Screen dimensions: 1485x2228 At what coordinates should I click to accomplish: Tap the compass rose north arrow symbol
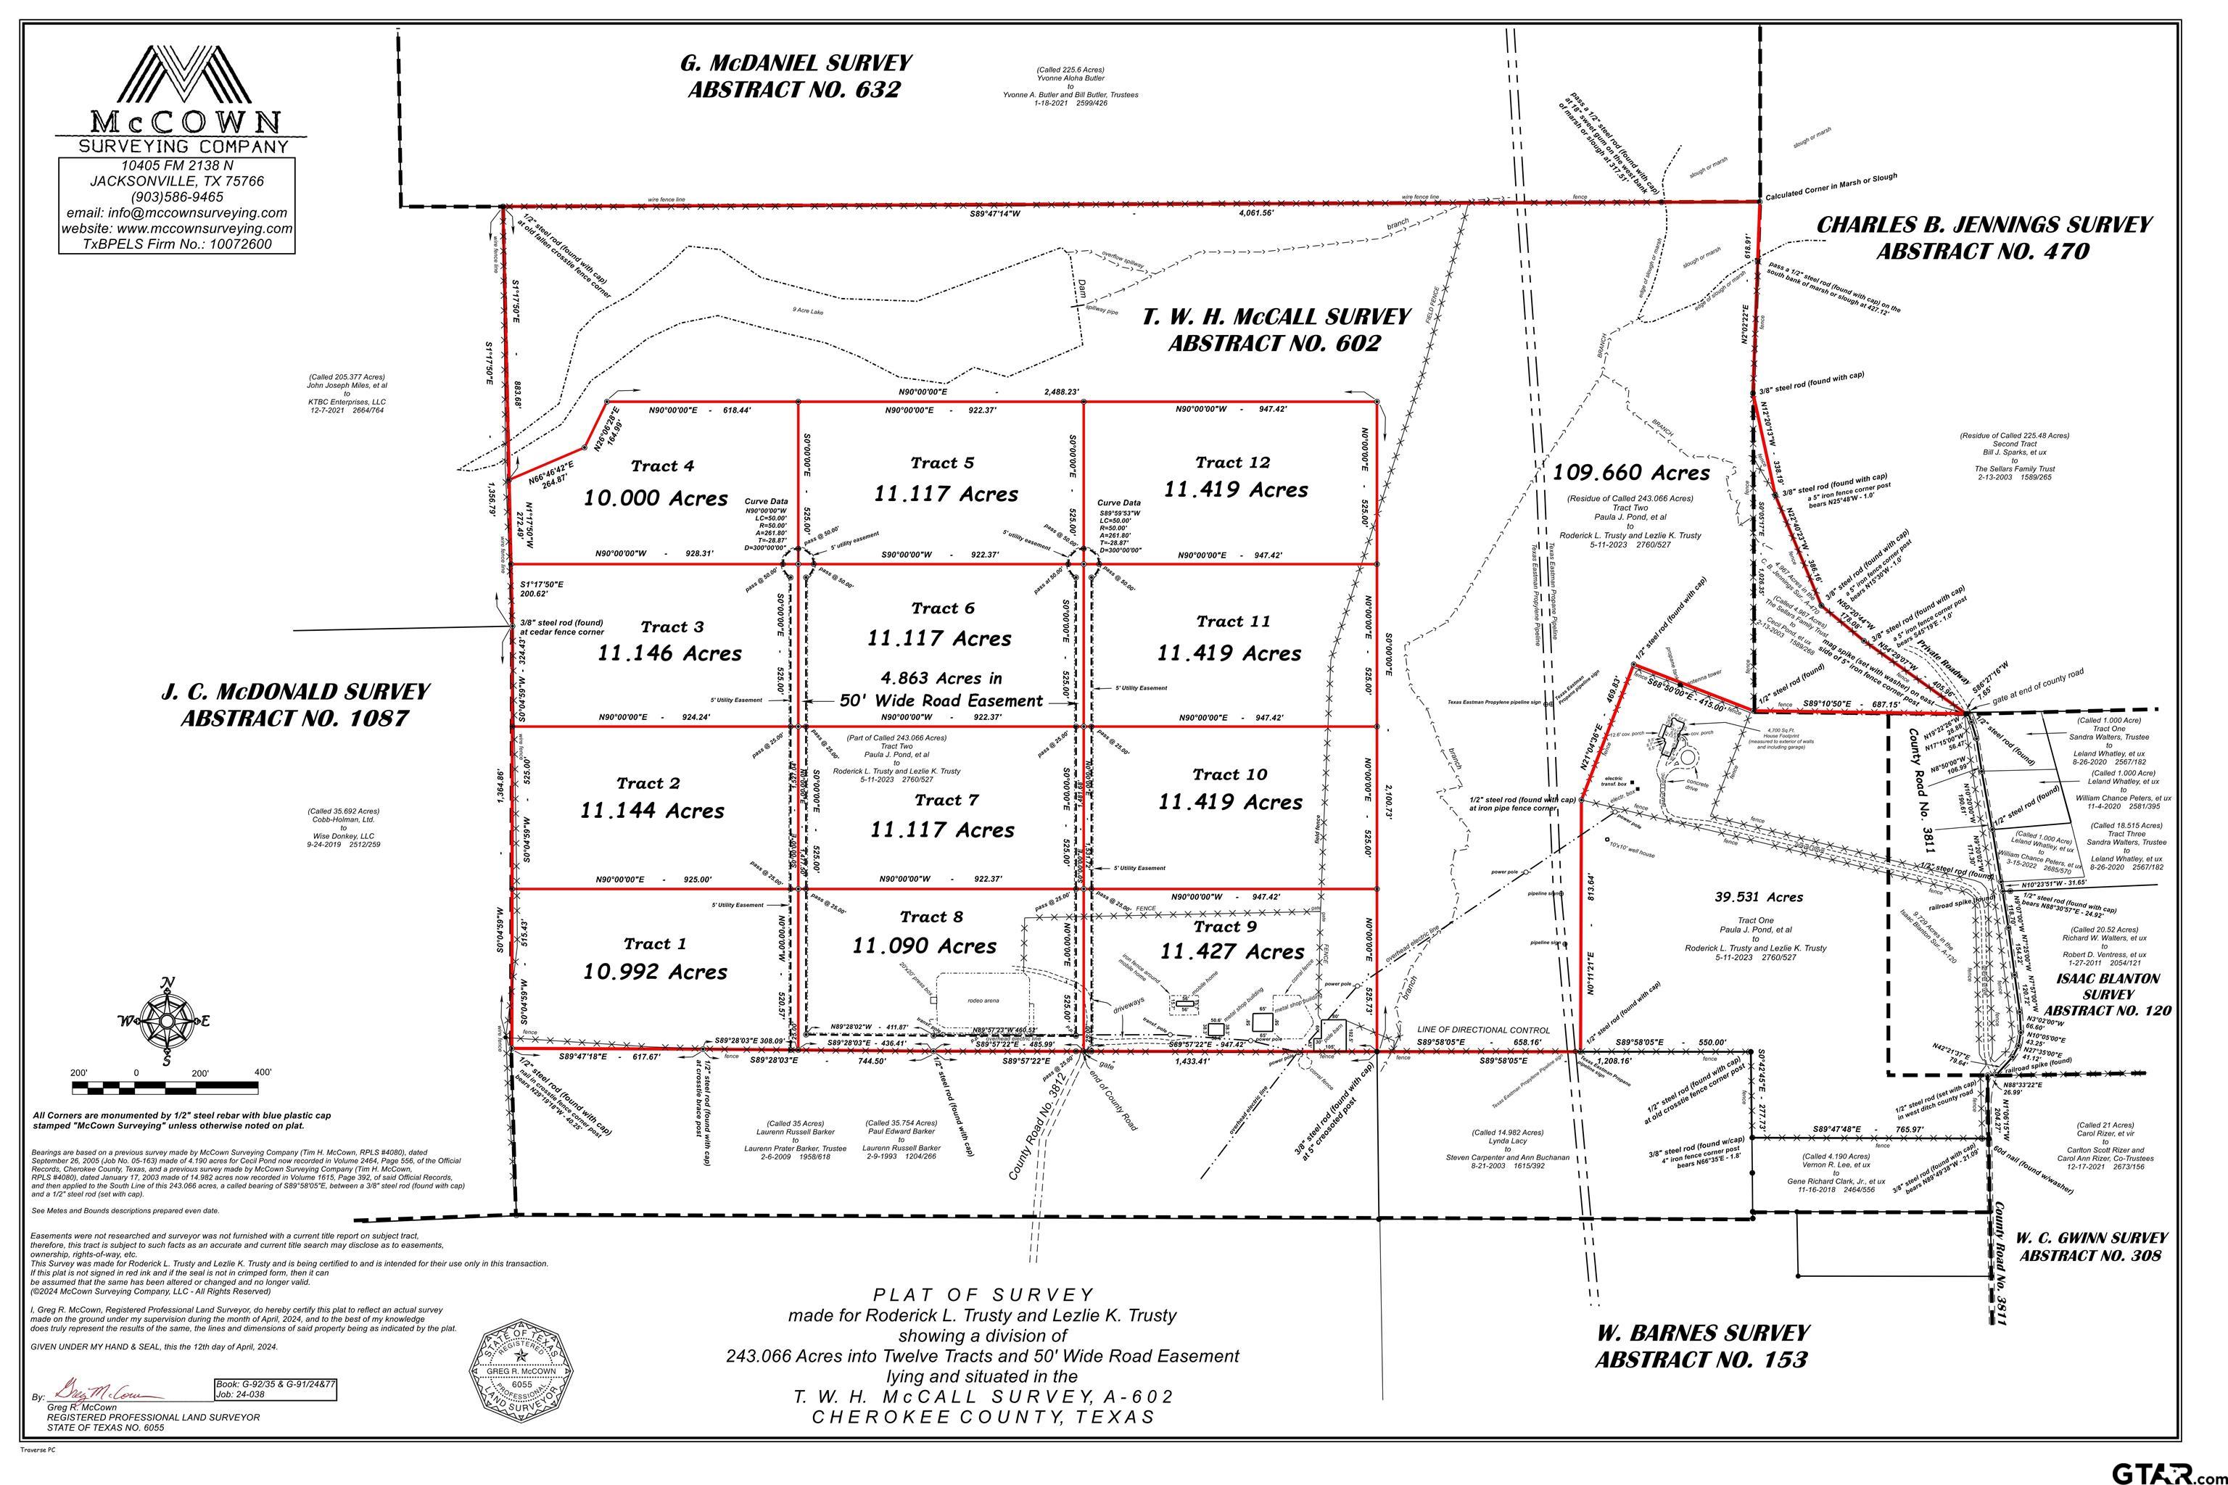tap(168, 1021)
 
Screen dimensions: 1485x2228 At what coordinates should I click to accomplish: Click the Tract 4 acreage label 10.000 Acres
tap(656, 498)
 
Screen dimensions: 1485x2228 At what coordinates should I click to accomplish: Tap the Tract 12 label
tap(1232, 462)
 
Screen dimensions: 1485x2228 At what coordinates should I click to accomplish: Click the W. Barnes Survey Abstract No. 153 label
tap(1702, 1346)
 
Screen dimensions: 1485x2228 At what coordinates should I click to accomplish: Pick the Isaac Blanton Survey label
tap(2108, 993)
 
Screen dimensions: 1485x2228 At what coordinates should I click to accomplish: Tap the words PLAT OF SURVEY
tap(982, 1294)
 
